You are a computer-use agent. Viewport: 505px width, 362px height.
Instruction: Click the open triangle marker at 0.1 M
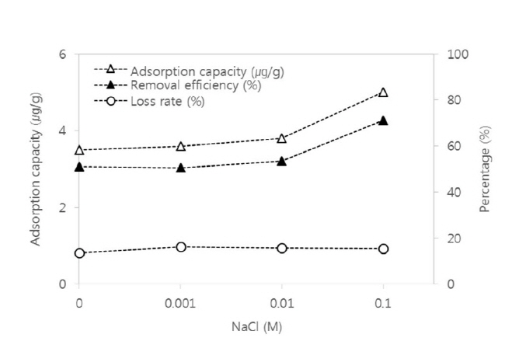coord(383,92)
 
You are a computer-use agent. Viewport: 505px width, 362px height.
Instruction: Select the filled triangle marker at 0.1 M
coord(383,120)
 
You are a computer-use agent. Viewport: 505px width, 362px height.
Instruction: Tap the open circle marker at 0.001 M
coord(181,247)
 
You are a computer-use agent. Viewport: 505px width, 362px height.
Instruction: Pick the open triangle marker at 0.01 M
coord(282,138)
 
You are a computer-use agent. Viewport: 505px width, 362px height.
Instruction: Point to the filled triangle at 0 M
coord(79,166)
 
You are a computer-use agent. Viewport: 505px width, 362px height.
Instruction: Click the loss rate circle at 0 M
coord(79,253)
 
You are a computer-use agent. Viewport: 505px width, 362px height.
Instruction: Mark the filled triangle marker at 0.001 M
coord(181,168)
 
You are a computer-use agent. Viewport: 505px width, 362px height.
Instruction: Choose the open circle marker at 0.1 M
coord(383,249)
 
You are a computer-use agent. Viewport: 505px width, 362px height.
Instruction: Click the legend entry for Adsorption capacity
coord(207,71)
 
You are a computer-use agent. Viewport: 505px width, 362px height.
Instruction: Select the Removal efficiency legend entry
coord(195,85)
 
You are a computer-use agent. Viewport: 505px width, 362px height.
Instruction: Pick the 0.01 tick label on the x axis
coord(282,302)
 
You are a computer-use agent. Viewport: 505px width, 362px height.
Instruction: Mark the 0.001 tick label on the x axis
coord(181,302)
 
